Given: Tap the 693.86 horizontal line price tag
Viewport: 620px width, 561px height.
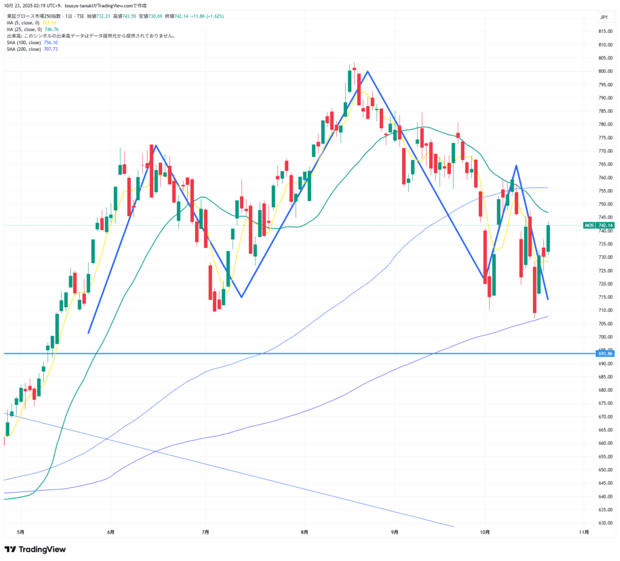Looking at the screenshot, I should pyautogui.click(x=605, y=353).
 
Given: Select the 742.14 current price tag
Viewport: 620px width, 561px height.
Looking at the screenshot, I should pyautogui.click(x=607, y=225).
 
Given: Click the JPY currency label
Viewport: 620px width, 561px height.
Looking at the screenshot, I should pyautogui.click(x=604, y=17).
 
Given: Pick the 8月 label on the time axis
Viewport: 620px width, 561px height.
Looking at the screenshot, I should pyautogui.click(x=304, y=532).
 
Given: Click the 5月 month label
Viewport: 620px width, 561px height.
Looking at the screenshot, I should pyautogui.click(x=21, y=532).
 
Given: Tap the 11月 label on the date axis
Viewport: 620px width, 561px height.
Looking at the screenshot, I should pyautogui.click(x=584, y=532).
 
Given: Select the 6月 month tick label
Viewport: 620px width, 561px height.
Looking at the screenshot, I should pyautogui.click(x=111, y=532).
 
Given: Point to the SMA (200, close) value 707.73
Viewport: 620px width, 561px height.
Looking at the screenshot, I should pyautogui.click(x=51, y=49).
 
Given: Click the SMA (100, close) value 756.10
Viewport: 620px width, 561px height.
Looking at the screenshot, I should pyautogui.click(x=51, y=42).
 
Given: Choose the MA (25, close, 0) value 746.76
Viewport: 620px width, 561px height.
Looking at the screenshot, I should pyautogui.click(x=51, y=29).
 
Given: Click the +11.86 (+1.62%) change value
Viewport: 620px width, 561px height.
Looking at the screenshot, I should pyautogui.click(x=209, y=16).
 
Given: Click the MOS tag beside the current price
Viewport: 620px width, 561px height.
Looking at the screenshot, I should pyautogui.click(x=589, y=225).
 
